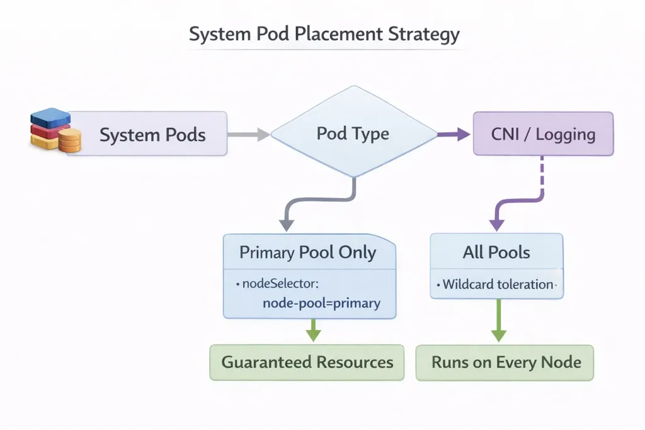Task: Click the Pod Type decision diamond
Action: [353, 133]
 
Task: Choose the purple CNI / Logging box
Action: [543, 133]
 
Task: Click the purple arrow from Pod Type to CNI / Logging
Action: [454, 133]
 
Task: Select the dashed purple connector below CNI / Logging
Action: [542, 179]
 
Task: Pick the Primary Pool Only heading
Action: [307, 253]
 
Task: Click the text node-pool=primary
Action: [321, 303]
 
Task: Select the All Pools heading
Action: [496, 252]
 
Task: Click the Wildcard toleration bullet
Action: [498, 285]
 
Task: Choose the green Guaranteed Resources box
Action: [307, 363]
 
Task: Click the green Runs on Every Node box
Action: [505, 363]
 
